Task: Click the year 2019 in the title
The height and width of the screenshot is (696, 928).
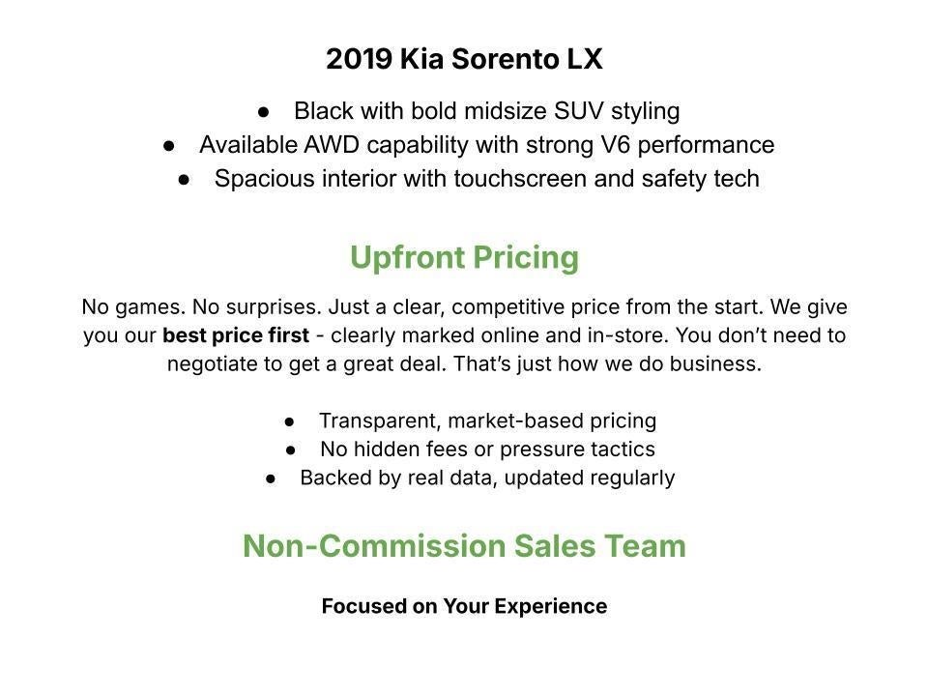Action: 360,59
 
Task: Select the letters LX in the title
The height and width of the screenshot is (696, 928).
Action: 585,59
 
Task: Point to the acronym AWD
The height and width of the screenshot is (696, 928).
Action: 332,145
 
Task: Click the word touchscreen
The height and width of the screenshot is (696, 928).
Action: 520,179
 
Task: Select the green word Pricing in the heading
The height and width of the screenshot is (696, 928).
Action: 526,259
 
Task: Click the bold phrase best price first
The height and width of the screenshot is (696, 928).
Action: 236,335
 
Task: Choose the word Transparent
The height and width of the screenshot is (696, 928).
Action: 380,420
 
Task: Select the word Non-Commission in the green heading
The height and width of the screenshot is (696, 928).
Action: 373,545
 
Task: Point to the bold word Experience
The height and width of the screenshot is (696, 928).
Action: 550,607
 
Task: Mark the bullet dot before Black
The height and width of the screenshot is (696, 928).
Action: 264,111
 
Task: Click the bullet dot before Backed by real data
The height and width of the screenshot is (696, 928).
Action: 271,478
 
